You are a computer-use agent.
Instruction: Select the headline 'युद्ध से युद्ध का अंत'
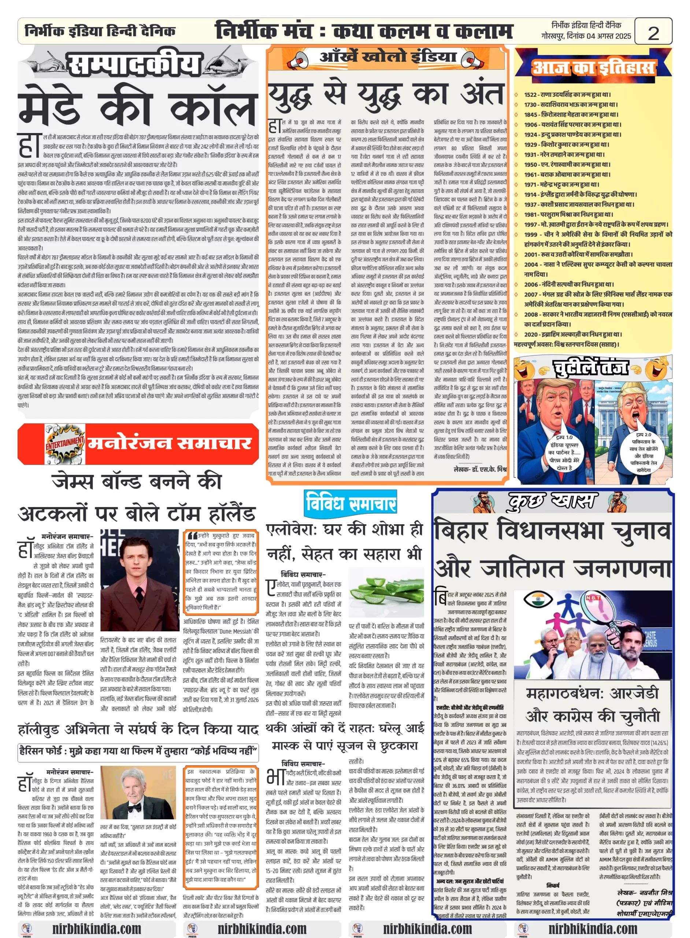[x=386, y=95]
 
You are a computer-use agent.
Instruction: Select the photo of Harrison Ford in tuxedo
[x=137, y=792]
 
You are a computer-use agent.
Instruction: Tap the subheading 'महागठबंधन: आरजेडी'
[x=592, y=694]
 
